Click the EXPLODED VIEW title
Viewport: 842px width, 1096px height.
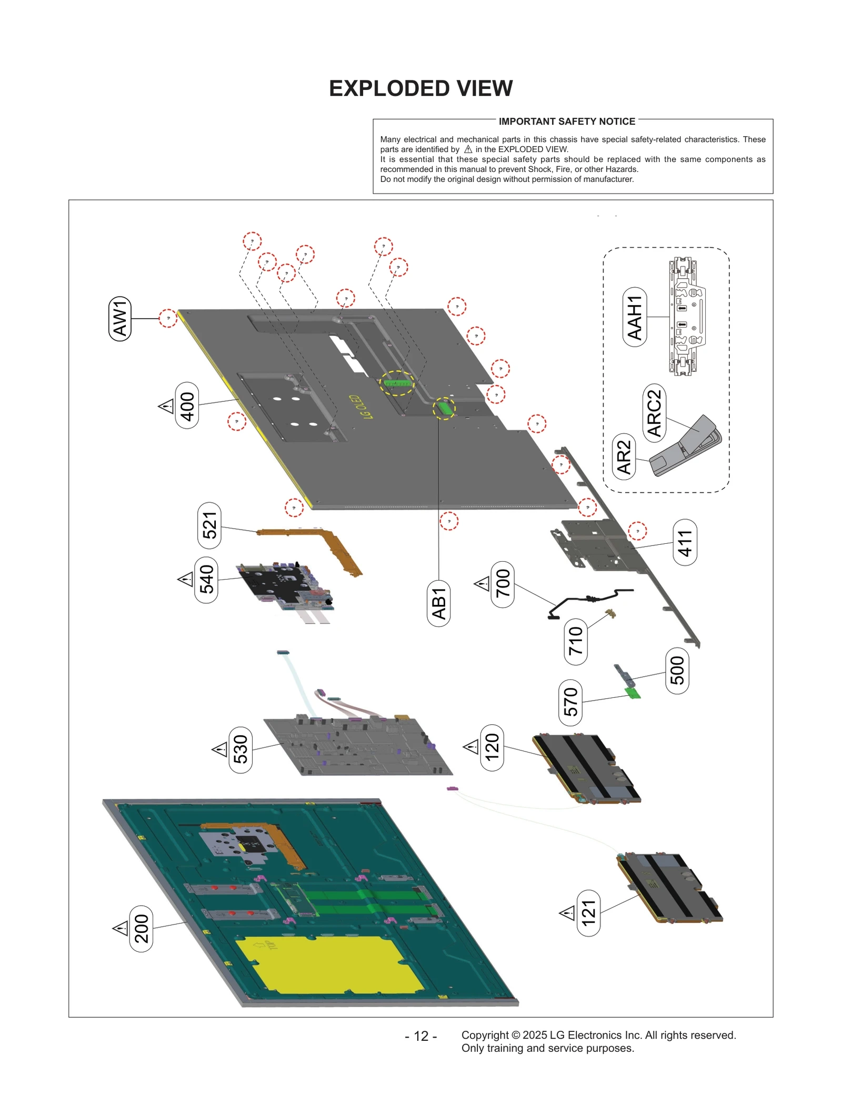click(420, 88)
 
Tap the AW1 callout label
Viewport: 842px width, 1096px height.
click(120, 319)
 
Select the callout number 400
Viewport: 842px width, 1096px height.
click(187, 405)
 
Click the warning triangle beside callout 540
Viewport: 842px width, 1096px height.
click(185, 580)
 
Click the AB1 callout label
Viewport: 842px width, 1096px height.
click(439, 603)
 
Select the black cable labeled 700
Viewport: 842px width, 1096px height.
click(589, 600)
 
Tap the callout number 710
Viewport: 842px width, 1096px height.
click(576, 641)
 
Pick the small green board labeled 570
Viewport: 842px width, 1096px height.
click(633, 694)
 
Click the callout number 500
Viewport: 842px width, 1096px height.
click(677, 671)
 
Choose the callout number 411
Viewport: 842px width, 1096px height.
click(685, 542)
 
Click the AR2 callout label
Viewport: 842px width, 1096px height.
click(624, 457)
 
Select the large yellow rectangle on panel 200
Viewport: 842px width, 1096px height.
click(329, 964)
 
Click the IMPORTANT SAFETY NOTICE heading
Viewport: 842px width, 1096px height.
click(567, 121)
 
